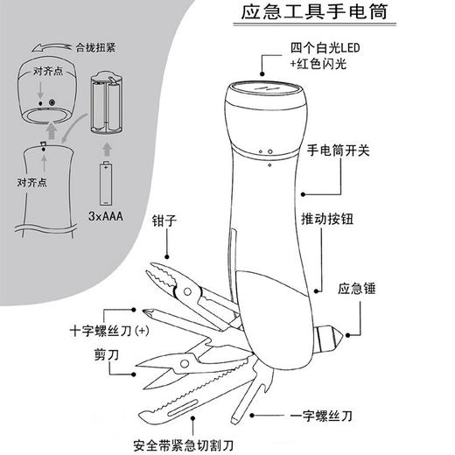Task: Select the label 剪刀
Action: [105, 355]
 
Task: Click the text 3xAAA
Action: [105, 215]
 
